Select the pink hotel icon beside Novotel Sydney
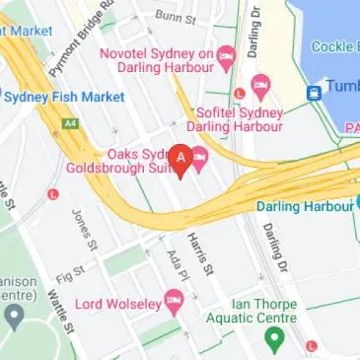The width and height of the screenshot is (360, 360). click(226, 54)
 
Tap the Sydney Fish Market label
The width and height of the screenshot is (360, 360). click(64, 97)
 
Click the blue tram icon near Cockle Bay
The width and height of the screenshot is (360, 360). click(315, 93)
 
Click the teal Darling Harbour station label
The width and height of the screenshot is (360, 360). click(304, 207)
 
